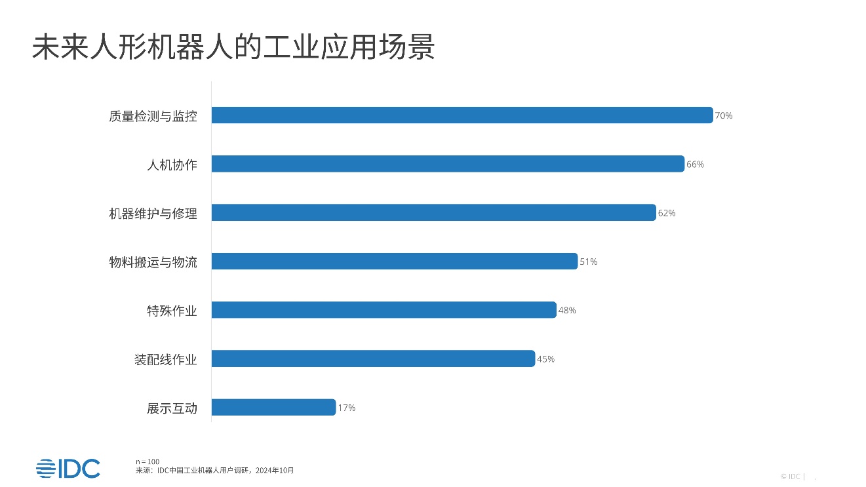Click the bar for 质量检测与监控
462,115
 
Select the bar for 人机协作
448,164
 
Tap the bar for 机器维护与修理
433,213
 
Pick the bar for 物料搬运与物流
394,262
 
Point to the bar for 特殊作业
384,310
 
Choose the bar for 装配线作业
373,359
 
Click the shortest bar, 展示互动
273,408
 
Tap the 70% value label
724,116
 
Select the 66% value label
695,165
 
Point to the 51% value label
589,262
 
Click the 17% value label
347,408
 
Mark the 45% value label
545,359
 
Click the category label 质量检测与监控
153,116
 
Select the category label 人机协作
172,165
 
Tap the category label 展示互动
172,408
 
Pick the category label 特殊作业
172,311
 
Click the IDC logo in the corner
68,468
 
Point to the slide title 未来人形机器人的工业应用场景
233,48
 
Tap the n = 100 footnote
147,461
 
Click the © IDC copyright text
791,477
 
